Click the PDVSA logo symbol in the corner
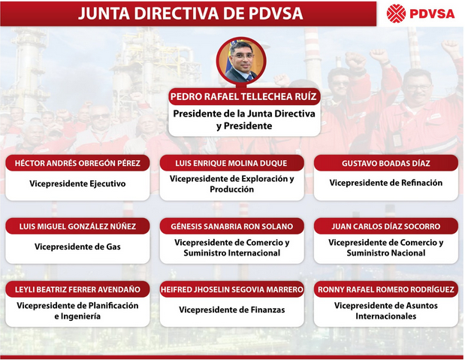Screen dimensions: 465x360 (396, 14)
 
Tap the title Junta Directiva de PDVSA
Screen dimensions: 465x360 (190, 14)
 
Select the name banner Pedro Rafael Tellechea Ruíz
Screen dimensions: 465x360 (243, 96)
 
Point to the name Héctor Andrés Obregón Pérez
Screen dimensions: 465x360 (77, 163)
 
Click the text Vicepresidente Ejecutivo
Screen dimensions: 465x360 (77, 183)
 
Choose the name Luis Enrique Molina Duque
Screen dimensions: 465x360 (231, 163)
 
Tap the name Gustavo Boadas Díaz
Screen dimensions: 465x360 (386, 163)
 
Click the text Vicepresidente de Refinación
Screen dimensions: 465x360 (386, 183)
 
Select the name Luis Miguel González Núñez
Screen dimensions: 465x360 (77, 226)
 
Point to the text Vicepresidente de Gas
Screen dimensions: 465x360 (77, 247)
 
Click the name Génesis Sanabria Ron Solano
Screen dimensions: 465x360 (231, 226)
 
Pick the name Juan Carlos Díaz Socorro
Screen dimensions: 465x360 (386, 226)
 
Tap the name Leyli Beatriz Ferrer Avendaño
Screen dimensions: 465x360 (77, 289)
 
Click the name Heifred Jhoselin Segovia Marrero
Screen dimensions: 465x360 (231, 289)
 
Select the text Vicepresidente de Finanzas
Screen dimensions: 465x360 (231, 310)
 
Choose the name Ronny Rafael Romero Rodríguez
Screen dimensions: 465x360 (386, 289)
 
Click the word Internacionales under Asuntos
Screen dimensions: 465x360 (386, 316)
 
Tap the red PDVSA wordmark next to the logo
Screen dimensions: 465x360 (432, 14)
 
